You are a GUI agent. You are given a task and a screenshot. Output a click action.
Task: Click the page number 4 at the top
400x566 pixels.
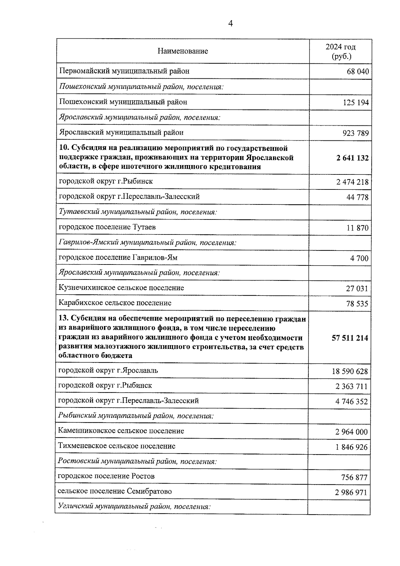pyautogui.click(x=230, y=23)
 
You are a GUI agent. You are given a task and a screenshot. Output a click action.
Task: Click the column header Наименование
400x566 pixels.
pyautogui.click(x=183, y=51)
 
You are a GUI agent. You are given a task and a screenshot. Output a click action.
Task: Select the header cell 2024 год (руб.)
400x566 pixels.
pyautogui.click(x=340, y=51)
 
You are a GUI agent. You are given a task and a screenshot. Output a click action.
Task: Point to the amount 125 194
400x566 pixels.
pyautogui.click(x=356, y=103)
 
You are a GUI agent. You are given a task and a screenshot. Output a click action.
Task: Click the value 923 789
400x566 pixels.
pyautogui.click(x=356, y=133)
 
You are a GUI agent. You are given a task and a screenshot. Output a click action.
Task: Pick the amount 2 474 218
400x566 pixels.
pyautogui.click(x=353, y=182)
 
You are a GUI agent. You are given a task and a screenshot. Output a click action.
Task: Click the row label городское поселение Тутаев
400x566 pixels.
pyautogui.click(x=107, y=227)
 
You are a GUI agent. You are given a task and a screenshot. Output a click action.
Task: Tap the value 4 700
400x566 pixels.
pyautogui.click(x=359, y=258)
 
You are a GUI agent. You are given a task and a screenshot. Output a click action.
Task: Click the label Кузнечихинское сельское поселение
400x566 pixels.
pyautogui.click(x=121, y=288)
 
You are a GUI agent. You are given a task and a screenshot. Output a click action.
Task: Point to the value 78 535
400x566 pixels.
pyautogui.click(x=357, y=304)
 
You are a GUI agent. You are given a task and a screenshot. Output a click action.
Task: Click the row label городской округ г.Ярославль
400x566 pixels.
pyautogui.click(x=108, y=371)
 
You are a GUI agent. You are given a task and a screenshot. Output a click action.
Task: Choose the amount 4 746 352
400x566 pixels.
pyautogui.click(x=352, y=402)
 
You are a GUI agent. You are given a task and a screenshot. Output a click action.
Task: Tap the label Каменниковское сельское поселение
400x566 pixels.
pyautogui.click(x=121, y=431)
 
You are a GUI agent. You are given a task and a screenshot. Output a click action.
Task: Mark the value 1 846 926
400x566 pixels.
pyautogui.click(x=352, y=447)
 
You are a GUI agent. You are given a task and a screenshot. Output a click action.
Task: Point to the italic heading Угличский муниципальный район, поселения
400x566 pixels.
pyautogui.click(x=134, y=507)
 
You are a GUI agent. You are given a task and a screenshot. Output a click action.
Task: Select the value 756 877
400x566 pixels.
pyautogui.click(x=354, y=478)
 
